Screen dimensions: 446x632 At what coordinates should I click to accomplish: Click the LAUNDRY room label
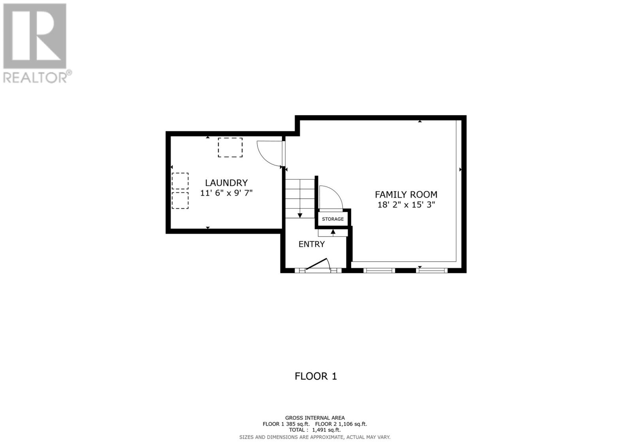tap(226, 183)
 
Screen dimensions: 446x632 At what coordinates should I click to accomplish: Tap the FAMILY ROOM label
tap(406, 194)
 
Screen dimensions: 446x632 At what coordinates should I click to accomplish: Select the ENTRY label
tap(311, 244)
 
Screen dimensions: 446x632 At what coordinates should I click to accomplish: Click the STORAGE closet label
tap(333, 219)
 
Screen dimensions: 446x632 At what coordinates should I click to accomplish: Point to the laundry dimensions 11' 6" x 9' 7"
tap(226, 193)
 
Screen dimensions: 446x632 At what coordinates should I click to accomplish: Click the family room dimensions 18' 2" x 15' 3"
tap(406, 205)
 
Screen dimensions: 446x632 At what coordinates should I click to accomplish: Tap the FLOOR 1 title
tap(316, 376)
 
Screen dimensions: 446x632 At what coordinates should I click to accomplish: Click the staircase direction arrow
tap(300, 215)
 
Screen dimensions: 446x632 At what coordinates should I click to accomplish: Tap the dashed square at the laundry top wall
tap(230, 147)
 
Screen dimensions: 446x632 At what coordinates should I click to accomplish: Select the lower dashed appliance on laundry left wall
tap(180, 200)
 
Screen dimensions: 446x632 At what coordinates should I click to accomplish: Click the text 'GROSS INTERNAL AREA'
tap(315, 418)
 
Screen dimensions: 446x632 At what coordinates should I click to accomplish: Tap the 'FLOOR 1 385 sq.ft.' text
tap(286, 424)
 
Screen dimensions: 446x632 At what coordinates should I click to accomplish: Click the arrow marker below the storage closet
tap(333, 231)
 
